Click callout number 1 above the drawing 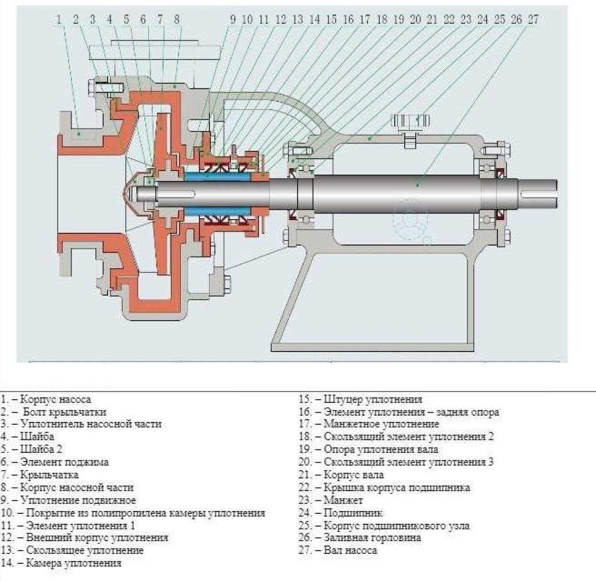coord(59,20)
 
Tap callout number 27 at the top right coord(533,20)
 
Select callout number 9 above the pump coord(233,20)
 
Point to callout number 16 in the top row coord(348,20)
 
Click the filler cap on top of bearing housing coord(411,122)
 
